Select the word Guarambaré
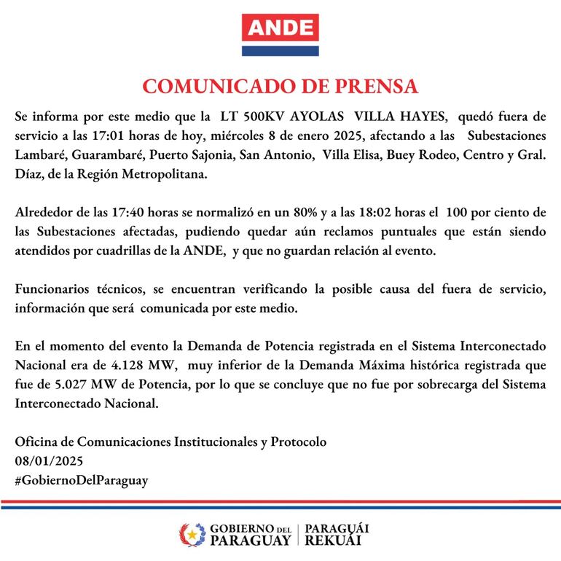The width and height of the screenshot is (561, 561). pyautogui.click(x=109, y=156)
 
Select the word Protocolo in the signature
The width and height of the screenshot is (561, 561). pyautogui.click(x=299, y=442)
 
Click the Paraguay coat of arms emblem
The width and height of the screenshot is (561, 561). pyautogui.click(x=192, y=535)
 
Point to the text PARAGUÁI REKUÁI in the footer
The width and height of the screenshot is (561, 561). pyautogui.click(x=337, y=535)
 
